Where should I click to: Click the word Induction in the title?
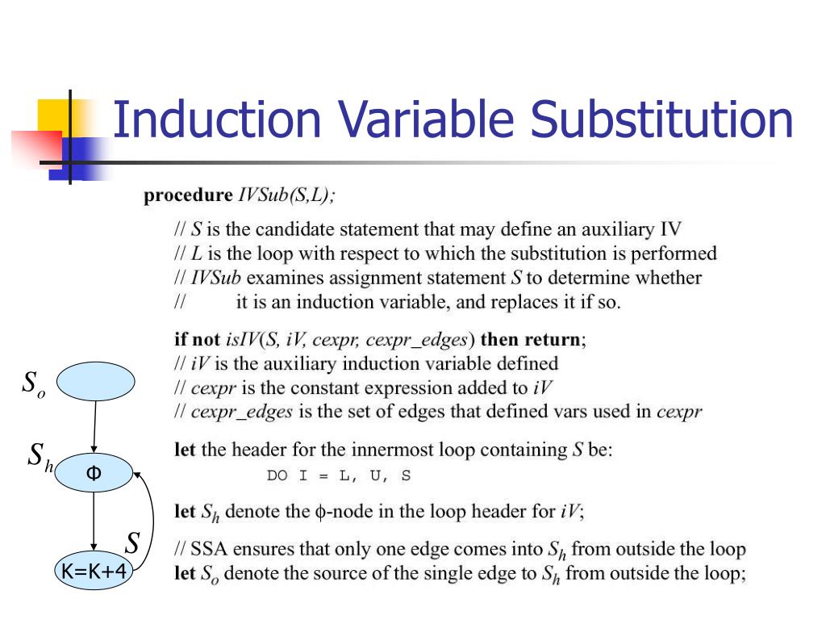point(216,119)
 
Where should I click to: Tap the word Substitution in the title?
point(661,119)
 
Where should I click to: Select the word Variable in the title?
point(427,119)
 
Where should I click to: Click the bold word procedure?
point(187,195)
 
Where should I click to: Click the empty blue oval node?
point(95,381)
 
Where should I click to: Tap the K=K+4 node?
point(94,572)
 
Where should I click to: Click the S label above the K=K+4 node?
point(132,543)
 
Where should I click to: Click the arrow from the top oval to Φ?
point(95,428)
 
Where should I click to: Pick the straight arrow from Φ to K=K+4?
point(94,522)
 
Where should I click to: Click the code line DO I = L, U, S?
point(338,475)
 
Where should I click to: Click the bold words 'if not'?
point(197,339)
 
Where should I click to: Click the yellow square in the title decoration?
point(53,114)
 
